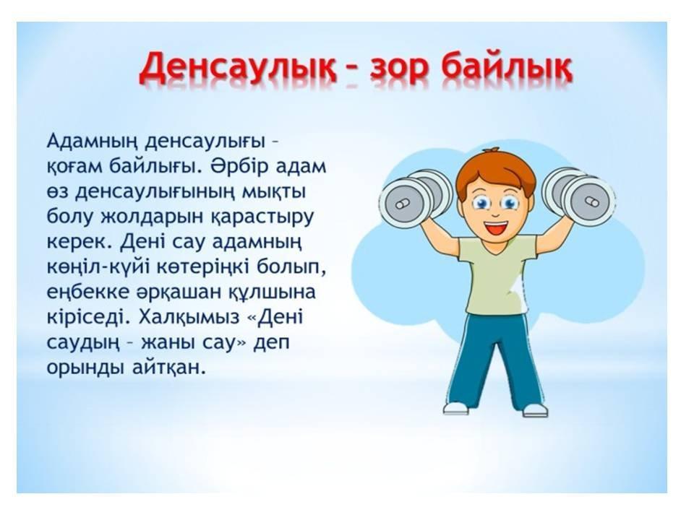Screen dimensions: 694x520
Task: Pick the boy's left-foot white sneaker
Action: pyautogui.click(x=535, y=409)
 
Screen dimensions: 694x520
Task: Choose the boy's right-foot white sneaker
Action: pyautogui.click(x=456, y=407)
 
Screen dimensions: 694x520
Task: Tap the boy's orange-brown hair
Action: pyautogui.click(x=495, y=170)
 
